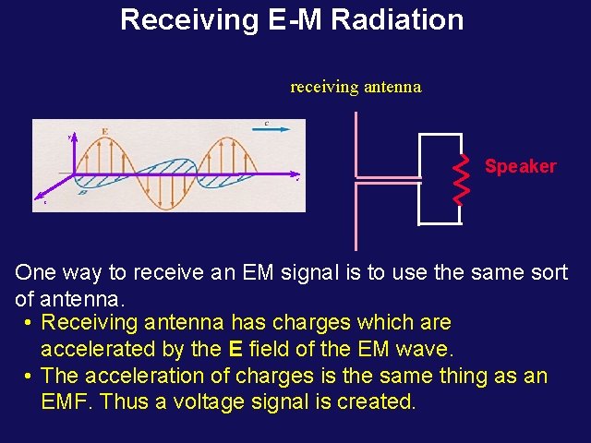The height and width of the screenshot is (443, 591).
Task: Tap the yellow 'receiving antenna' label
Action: [356, 87]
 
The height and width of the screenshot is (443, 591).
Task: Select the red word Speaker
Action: [521, 166]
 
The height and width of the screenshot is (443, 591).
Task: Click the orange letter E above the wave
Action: [105, 131]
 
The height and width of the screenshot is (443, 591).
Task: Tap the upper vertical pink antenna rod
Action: [356, 143]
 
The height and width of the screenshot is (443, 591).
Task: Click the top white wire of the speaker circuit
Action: [440, 135]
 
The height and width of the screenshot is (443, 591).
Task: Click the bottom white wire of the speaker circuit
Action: [440, 223]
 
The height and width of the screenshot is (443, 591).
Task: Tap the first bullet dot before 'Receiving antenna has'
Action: [30, 323]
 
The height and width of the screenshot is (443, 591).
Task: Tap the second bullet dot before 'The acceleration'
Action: [30, 377]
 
